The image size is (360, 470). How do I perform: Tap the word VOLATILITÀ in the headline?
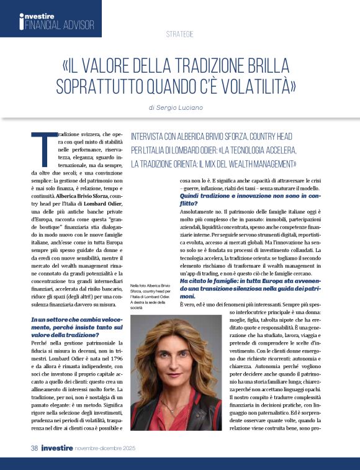(252, 86)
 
